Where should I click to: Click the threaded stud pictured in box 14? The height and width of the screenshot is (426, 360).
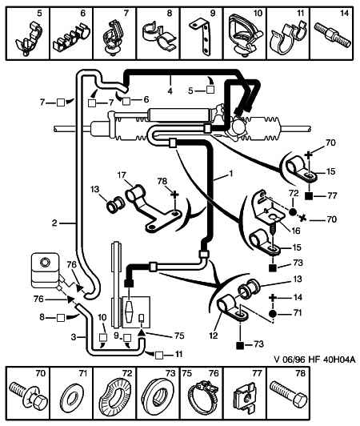tap(333, 35)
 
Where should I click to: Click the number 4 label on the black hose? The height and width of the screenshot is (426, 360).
tap(170, 91)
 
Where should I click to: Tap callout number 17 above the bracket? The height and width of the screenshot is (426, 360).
tap(121, 175)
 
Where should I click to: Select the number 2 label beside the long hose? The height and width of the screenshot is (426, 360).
tap(54, 223)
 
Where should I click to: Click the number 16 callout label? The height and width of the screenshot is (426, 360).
tap(295, 231)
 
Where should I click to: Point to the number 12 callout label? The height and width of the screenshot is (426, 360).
tap(214, 336)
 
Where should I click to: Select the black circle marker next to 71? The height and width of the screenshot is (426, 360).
tap(273, 314)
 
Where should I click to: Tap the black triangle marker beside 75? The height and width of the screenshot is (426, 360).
tap(142, 333)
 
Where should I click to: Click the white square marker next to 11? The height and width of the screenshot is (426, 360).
tap(159, 356)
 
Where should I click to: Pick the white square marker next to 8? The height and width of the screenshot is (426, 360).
tap(61, 318)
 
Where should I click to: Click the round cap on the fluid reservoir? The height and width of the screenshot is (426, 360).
tap(45, 263)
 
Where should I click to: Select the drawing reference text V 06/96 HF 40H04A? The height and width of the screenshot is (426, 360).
tap(314, 360)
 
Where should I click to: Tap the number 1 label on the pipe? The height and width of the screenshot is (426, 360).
tap(231, 173)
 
